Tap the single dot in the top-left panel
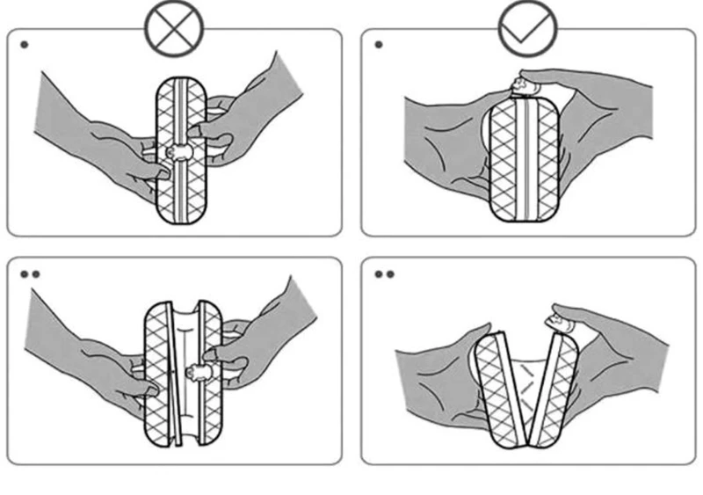point(24,44)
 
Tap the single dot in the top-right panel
point(379,44)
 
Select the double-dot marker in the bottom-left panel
point(29,273)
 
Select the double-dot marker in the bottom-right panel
point(384,273)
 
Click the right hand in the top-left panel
point(255,106)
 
